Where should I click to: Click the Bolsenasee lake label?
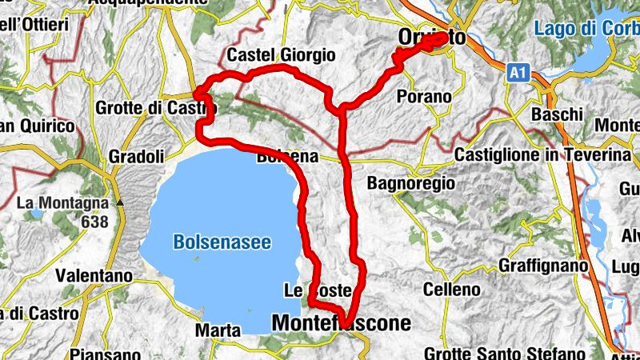coord(222,242)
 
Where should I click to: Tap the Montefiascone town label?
coord(342,323)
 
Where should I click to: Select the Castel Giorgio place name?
coord(280,55)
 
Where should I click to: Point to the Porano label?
coord(424,97)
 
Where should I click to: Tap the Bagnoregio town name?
coord(410,183)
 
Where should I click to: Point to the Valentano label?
coord(93,275)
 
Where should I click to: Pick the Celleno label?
coord(452,289)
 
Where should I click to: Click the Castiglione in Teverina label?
coord(544,154)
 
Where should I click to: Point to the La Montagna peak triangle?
coord(120,203)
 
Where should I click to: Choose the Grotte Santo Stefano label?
coord(502,353)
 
